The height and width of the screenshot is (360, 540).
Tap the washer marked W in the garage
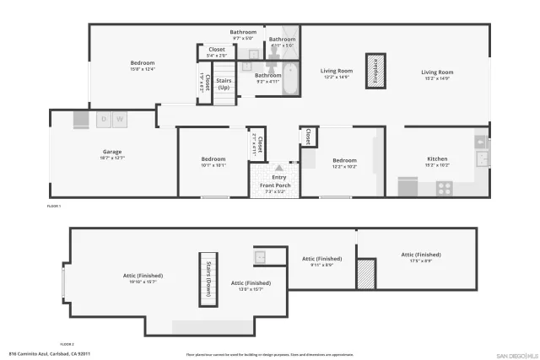tap(120, 120)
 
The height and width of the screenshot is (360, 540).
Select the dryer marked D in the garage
tap(104, 120)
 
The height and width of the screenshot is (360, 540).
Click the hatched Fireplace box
tap(375, 72)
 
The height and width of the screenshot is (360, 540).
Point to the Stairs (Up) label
tap(224, 84)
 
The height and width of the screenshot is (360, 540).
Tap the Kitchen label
tap(437, 159)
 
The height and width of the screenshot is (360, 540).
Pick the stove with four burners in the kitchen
tap(445, 189)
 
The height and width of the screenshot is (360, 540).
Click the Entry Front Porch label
tap(273, 180)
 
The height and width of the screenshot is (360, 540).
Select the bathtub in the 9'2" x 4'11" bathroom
tap(289, 80)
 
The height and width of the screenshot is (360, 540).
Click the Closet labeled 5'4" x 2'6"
tap(211, 53)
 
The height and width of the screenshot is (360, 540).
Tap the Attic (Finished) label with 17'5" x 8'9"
tap(420, 255)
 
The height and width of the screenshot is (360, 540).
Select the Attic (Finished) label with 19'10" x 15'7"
tap(143, 276)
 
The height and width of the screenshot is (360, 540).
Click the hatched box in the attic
tap(365, 274)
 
